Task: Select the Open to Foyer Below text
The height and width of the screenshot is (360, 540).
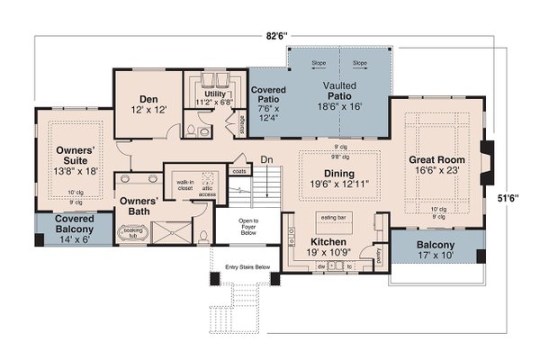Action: (247, 226)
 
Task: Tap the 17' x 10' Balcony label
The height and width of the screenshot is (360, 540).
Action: (436, 249)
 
